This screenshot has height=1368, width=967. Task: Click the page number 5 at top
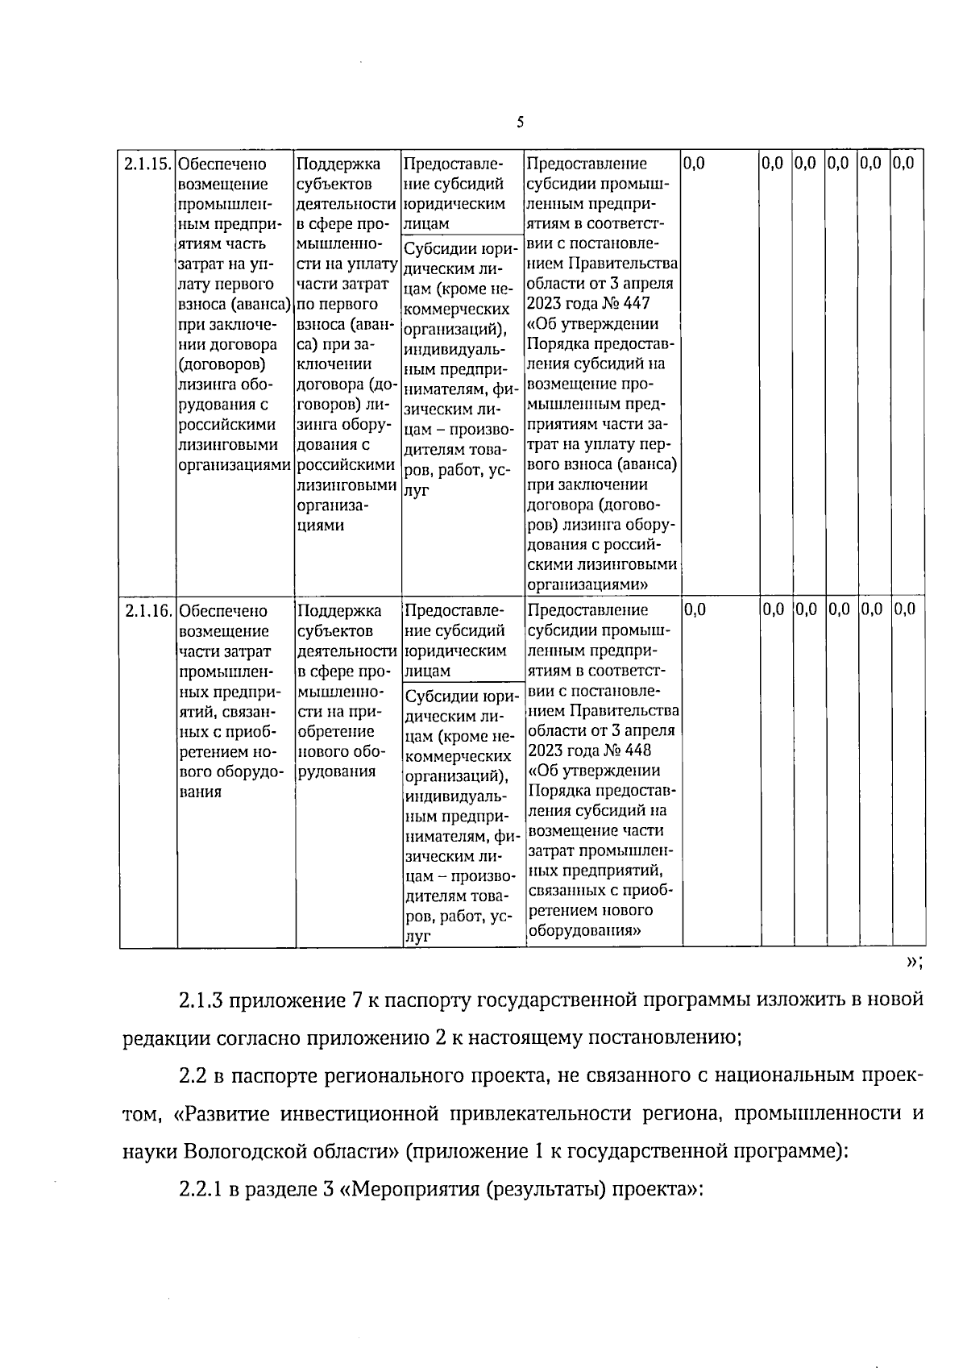[x=520, y=123]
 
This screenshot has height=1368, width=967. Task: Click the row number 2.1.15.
[x=147, y=164]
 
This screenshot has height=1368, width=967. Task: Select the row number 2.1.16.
[x=147, y=610]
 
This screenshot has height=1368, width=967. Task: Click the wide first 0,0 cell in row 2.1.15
[x=694, y=164]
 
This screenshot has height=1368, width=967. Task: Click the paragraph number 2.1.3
[x=201, y=1001]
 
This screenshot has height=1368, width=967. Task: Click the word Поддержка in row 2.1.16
[x=339, y=610]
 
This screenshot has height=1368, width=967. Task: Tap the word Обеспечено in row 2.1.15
[x=222, y=164]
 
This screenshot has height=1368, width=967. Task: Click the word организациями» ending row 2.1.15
[x=589, y=584]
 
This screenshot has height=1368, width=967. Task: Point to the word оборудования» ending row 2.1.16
[x=584, y=929]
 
